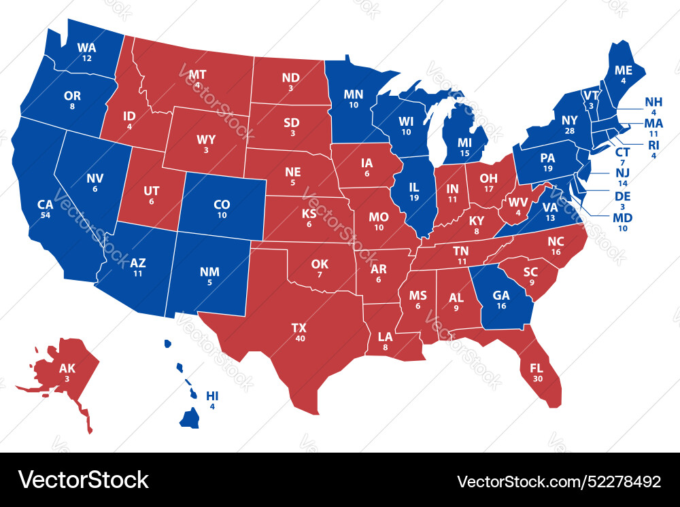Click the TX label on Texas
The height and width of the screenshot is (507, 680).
pyautogui.click(x=299, y=328)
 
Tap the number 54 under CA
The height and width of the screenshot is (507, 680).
pyautogui.click(x=45, y=215)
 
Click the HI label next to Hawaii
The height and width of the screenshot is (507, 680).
pyautogui.click(x=212, y=396)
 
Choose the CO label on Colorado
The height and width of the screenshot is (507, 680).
pyautogui.click(x=222, y=204)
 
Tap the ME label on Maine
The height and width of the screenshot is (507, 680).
pyautogui.click(x=624, y=71)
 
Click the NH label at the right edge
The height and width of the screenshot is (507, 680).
pyautogui.click(x=653, y=102)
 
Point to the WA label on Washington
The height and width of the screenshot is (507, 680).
pyautogui.click(x=86, y=48)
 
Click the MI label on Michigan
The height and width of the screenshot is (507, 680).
pyautogui.click(x=464, y=143)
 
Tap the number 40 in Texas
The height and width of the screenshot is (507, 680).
pyautogui.click(x=300, y=338)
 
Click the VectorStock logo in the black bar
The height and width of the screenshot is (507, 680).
pyautogui.click(x=83, y=480)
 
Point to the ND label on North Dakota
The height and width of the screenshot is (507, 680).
pyautogui.click(x=290, y=77)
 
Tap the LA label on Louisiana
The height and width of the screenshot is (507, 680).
pyautogui.click(x=385, y=336)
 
